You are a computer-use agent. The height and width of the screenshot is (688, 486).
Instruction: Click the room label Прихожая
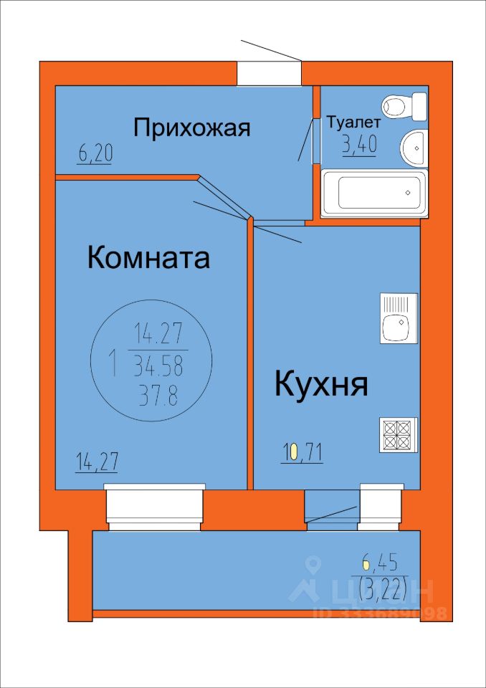[x=192, y=128]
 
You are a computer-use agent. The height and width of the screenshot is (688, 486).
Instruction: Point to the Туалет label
[x=353, y=123]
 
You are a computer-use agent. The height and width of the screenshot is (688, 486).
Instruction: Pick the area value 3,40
[x=359, y=145]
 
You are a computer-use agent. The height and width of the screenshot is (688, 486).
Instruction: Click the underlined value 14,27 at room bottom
[x=96, y=464]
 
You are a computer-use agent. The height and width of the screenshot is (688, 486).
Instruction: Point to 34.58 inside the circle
[x=160, y=366]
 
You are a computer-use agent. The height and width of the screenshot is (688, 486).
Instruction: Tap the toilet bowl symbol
[x=405, y=106]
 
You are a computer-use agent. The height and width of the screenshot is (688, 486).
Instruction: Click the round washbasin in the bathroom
[x=413, y=148]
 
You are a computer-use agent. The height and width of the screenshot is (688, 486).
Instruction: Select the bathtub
[x=373, y=193]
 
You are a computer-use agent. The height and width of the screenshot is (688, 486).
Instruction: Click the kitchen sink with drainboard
[x=399, y=318]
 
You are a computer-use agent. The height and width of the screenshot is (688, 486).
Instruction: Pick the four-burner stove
[x=399, y=435]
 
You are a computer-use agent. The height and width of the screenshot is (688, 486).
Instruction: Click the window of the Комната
[x=155, y=507]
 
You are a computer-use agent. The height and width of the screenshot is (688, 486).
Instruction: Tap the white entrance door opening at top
[x=269, y=73]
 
